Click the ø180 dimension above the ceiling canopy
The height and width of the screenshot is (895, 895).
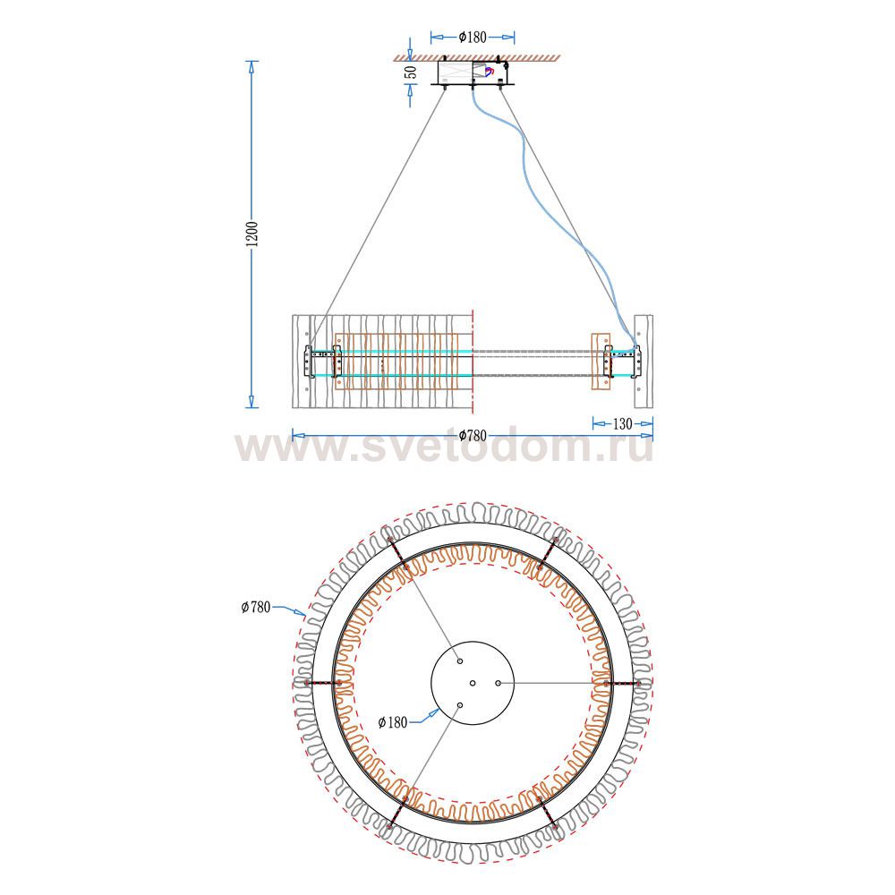(472, 37)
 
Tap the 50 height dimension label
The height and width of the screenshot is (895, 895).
(411, 72)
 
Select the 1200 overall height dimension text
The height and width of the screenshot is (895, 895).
(252, 234)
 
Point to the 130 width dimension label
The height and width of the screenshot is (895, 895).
(621, 423)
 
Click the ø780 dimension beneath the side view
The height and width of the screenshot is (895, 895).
(472, 436)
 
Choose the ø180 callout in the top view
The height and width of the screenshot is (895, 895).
(394, 721)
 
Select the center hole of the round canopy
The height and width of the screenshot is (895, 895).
(472, 683)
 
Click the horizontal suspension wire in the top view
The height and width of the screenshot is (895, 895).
(555, 683)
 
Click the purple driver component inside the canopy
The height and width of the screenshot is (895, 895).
(489, 71)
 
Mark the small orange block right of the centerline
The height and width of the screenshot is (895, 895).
(600, 362)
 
